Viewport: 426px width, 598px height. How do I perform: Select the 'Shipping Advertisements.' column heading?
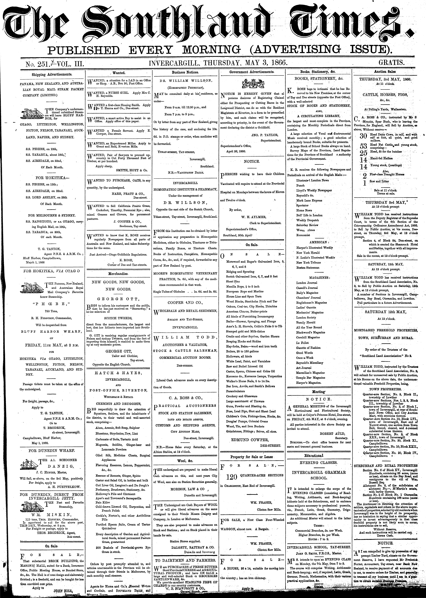point(52,74)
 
